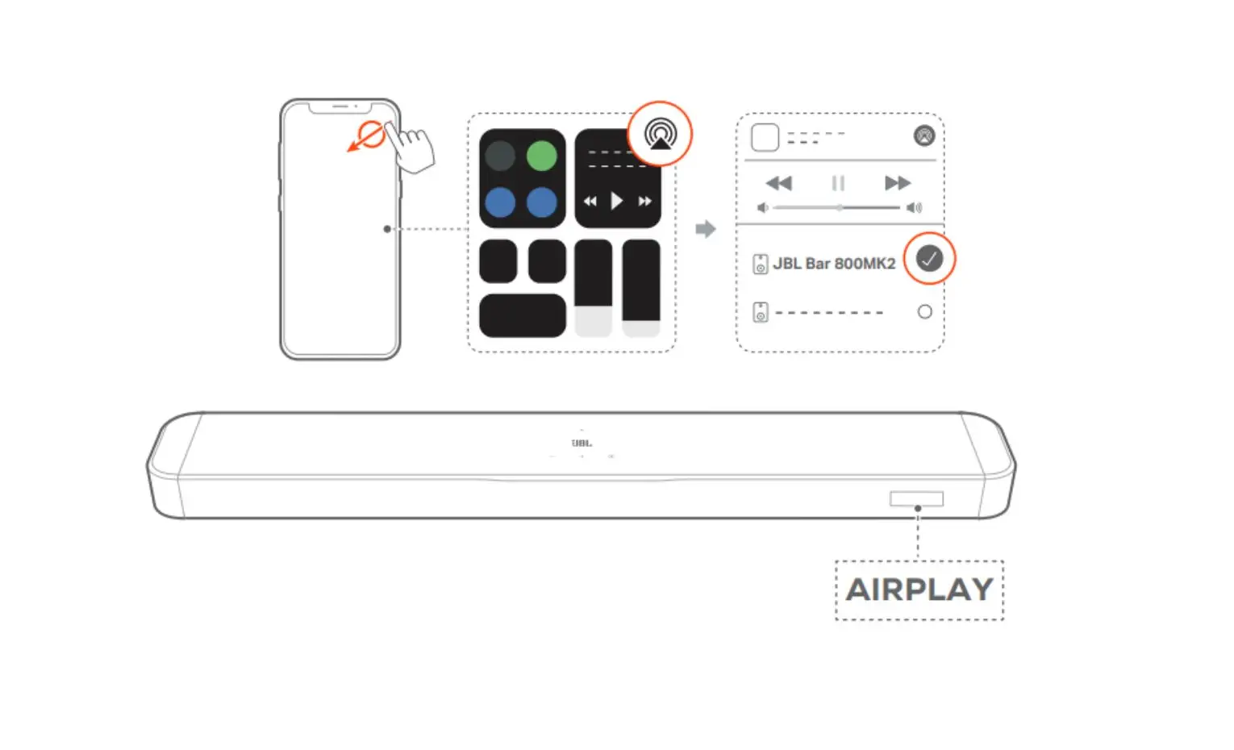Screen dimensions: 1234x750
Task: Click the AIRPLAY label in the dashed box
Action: click(x=919, y=590)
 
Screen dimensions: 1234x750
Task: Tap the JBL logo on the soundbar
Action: click(x=582, y=443)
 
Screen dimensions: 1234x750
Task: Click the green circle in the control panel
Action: click(x=541, y=156)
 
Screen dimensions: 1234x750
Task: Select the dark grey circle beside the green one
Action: click(x=500, y=156)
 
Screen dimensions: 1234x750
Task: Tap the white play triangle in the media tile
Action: click(x=616, y=201)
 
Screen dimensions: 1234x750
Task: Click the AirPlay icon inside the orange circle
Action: click(x=661, y=134)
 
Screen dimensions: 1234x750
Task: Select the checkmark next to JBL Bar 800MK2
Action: click(x=929, y=258)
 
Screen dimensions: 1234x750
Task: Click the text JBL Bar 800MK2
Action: click(x=834, y=264)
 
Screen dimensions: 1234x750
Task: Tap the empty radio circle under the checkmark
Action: click(x=925, y=311)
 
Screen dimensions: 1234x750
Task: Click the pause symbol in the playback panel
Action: click(x=838, y=183)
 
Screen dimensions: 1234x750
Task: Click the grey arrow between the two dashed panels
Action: click(x=706, y=228)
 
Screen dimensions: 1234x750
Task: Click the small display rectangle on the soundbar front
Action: click(x=917, y=498)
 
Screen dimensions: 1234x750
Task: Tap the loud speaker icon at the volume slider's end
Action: click(x=915, y=207)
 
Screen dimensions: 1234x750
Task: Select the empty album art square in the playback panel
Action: click(x=765, y=137)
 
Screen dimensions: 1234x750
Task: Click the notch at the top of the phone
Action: click(x=340, y=107)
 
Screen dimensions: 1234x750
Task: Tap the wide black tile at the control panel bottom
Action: click(x=523, y=315)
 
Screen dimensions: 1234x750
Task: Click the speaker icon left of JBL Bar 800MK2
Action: click(x=761, y=264)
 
